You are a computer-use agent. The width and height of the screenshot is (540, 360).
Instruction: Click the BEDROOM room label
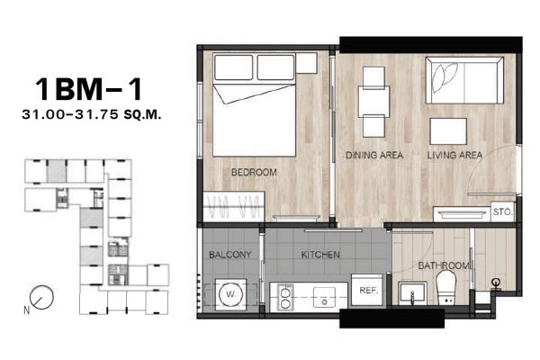254,172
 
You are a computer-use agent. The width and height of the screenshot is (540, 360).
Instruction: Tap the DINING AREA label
374,155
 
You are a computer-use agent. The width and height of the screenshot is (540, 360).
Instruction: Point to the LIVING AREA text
454,156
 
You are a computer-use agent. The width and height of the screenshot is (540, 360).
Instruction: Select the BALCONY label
230,255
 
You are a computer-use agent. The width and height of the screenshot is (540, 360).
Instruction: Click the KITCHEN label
320,255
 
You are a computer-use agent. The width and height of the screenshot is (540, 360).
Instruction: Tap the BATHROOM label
444,265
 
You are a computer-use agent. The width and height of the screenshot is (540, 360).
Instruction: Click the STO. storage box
502,211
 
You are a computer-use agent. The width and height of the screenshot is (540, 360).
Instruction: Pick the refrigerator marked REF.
367,290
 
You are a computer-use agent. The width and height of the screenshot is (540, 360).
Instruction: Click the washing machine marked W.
230,294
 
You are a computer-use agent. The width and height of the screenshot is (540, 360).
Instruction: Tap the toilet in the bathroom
445,288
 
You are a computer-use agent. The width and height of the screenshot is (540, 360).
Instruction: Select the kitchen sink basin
324,297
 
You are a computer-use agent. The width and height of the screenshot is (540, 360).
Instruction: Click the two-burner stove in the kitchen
285,297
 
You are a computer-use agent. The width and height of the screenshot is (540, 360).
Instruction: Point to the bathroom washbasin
412,293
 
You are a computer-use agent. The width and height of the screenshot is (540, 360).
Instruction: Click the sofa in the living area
464,80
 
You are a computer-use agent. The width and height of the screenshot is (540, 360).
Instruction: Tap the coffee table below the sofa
448,131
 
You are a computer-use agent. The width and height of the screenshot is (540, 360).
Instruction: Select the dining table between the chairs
373,102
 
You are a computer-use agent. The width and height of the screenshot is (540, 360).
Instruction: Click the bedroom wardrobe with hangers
234,206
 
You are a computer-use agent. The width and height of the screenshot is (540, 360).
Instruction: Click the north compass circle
41,297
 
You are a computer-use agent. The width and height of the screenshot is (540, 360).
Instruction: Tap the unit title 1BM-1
89,89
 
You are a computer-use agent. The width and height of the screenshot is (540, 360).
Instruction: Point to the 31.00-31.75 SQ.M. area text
92,114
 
